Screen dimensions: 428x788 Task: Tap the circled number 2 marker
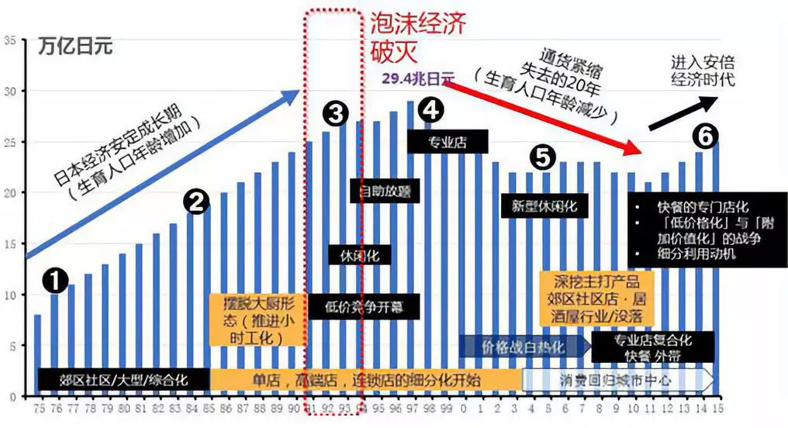coord(196,202)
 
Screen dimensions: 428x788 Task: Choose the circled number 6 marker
coord(703,135)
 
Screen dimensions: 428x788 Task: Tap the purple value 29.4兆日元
coord(418,78)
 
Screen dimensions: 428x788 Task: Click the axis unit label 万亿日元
coord(76,46)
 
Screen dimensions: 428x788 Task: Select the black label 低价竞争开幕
coord(364,305)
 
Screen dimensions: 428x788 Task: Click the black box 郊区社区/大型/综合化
coord(123,380)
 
